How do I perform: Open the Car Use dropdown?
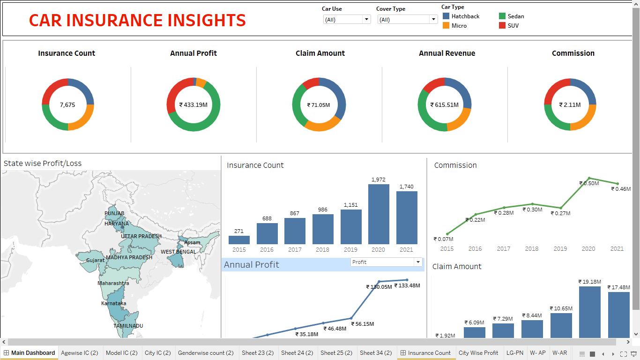[x=366, y=20]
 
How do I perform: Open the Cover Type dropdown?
[x=433, y=20]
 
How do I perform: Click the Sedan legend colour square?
[x=503, y=16]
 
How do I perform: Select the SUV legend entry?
[x=513, y=26]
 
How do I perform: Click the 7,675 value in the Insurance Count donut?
[x=67, y=105]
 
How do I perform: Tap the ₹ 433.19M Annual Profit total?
[x=193, y=105]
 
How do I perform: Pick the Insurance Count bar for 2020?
[x=379, y=214]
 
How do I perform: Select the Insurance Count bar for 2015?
[x=239, y=240]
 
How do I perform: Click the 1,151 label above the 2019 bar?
[x=350, y=205]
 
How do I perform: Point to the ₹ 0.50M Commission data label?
[x=589, y=183]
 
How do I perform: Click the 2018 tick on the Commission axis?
[x=532, y=249]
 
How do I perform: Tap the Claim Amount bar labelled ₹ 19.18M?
[x=589, y=312]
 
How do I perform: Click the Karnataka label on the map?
[x=113, y=303]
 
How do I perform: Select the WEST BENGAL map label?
[x=179, y=252]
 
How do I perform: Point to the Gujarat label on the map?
[x=96, y=260]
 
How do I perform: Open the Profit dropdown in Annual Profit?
[x=417, y=262]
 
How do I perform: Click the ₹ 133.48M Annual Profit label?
[x=407, y=285]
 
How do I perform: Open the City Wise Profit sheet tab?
[x=478, y=353]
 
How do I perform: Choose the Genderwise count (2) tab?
[x=206, y=353]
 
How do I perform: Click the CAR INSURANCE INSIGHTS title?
[x=137, y=20]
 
